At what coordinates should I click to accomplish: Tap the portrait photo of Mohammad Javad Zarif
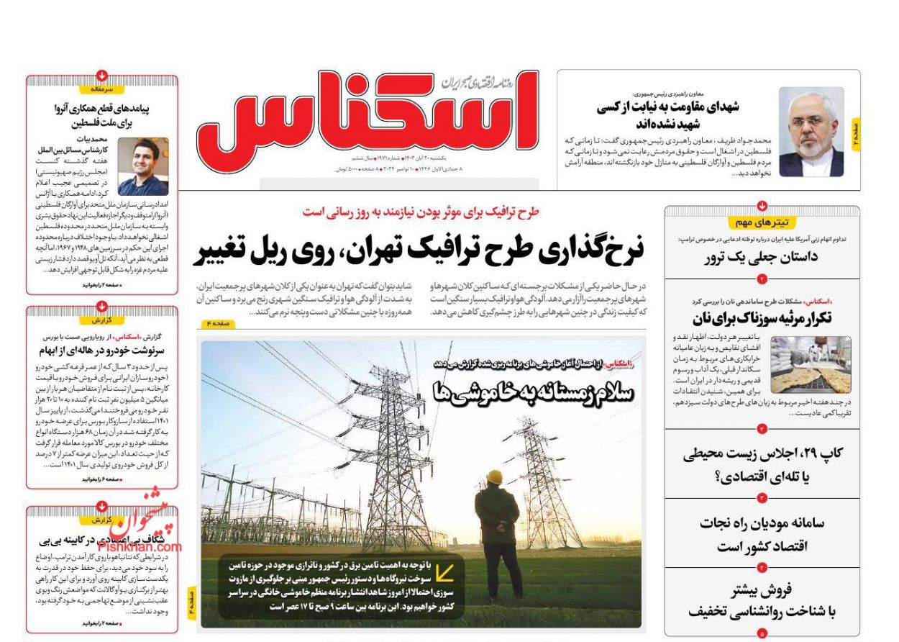[811, 132]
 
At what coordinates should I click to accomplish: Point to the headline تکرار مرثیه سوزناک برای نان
[762, 318]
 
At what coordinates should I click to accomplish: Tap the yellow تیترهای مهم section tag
[762, 222]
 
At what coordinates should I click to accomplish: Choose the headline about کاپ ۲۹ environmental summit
[762, 464]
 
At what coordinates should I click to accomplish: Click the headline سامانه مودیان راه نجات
[762, 533]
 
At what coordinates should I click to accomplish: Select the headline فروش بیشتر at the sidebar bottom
[762, 601]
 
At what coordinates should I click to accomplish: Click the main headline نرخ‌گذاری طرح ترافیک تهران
[419, 250]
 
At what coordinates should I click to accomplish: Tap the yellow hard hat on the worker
[494, 477]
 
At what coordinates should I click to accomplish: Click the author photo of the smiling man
[142, 166]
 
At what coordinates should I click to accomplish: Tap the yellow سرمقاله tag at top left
[102, 89]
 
